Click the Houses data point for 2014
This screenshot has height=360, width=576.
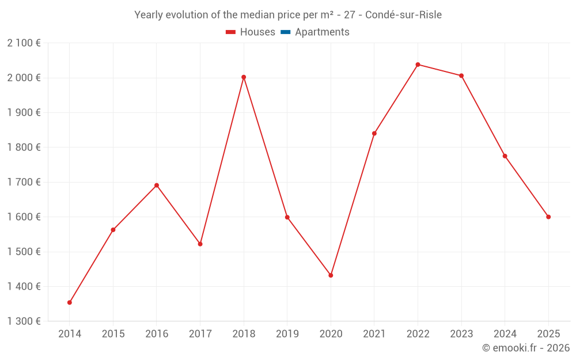tap(70, 302)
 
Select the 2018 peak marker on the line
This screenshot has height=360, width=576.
tap(244, 77)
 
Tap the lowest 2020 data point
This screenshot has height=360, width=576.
tap(331, 275)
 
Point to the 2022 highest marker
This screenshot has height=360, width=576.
tap(418, 65)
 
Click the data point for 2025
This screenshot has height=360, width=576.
tap(548, 217)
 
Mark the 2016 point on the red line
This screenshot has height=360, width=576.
tap(157, 185)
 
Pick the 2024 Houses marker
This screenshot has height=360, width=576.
tap(505, 156)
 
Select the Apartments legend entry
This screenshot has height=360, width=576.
tap(322, 32)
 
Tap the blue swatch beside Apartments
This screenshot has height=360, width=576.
tap(286, 32)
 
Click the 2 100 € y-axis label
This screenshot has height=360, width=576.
tap(24, 43)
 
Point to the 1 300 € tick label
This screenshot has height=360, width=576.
tap(24, 321)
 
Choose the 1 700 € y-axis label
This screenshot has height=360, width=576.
tap(24, 182)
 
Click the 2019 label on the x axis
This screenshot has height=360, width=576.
tap(287, 334)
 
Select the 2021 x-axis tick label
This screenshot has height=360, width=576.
tap(374, 334)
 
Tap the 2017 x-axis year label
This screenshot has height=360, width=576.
tap(200, 334)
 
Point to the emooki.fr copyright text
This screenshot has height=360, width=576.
tap(526, 348)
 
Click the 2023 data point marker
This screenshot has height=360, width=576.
tap(461, 75)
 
